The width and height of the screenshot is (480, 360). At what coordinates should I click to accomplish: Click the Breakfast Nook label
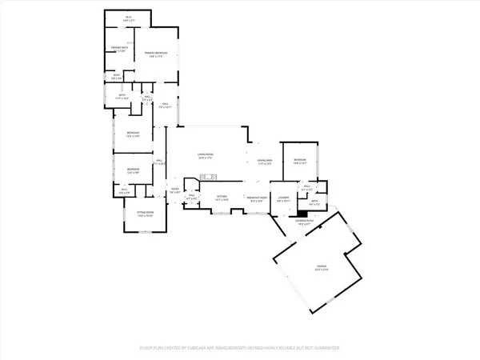(x=257, y=198)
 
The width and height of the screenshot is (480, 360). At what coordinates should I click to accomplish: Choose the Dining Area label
(x=266, y=162)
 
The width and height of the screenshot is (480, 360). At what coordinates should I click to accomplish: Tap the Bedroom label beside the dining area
(x=302, y=162)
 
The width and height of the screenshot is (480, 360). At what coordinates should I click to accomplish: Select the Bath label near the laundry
(x=315, y=203)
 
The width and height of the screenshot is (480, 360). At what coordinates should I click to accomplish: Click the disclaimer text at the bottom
(x=240, y=349)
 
